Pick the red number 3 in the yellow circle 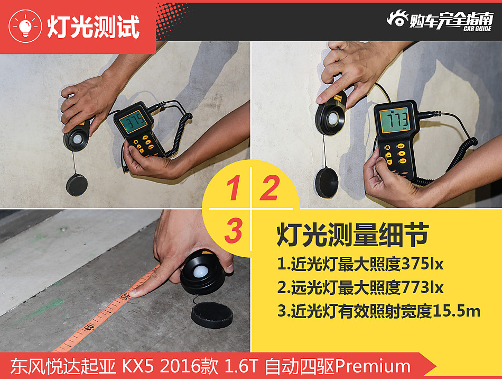233,231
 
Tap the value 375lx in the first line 422,263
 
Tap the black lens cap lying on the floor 211,314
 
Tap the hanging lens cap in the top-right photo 327,182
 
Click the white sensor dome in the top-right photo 333,119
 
